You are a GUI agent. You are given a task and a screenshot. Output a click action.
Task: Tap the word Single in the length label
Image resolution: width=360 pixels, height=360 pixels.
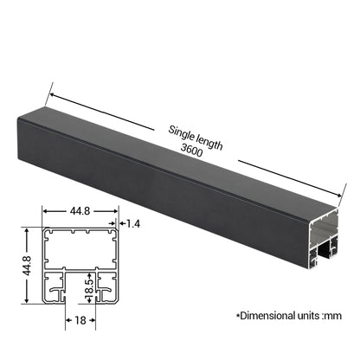coord(181,132)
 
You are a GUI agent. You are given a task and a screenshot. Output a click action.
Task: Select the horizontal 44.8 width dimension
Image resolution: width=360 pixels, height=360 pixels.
coord(80,211)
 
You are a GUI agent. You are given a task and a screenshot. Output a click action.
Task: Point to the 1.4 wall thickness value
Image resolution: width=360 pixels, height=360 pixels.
coord(133,223)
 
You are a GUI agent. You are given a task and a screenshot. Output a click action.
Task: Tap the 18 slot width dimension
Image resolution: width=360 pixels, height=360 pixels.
coord(80,320)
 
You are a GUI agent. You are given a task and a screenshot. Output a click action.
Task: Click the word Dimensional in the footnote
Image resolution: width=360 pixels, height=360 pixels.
coord(264,316)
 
